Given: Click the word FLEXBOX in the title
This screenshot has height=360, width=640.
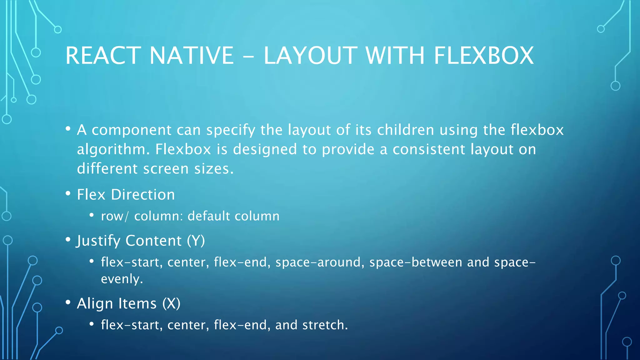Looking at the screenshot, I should tap(484, 56).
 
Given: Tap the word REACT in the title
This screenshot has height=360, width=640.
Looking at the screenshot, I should tap(103, 56).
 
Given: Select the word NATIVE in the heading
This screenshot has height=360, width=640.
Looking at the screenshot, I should tap(192, 56).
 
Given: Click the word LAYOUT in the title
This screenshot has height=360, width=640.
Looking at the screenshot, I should tap(310, 56).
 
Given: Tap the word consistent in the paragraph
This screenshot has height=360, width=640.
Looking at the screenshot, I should tap(429, 149).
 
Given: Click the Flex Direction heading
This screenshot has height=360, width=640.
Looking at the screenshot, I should tap(126, 195).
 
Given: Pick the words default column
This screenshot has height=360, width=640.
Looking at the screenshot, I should tap(233, 216).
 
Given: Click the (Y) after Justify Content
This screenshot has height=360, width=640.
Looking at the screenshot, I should tap(196, 241).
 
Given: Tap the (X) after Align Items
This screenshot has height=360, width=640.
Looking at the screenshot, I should tap(171, 304).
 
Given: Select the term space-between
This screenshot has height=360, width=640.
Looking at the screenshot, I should tap(416, 262).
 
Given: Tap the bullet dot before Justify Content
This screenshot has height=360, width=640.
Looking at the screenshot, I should tap(68, 240).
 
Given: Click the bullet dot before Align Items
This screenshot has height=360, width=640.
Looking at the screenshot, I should tap(68, 302).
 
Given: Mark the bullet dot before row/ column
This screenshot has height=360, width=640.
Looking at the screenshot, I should tap(92, 215).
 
